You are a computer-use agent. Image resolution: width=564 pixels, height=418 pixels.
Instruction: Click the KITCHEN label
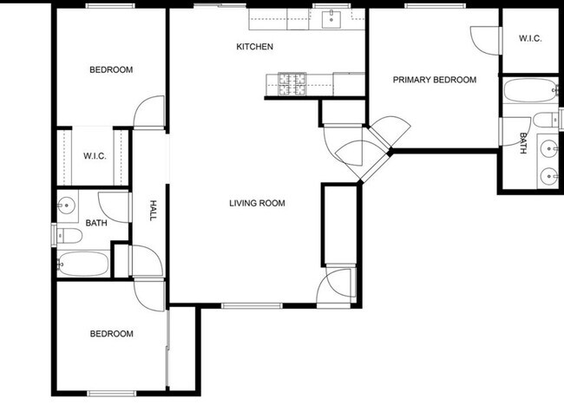(x=255, y=46)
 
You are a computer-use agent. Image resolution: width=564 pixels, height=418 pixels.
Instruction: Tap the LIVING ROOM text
(x=257, y=204)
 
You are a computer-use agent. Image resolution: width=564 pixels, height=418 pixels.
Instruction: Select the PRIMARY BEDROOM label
(x=435, y=80)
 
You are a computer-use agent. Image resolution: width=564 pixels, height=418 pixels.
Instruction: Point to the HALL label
(x=154, y=211)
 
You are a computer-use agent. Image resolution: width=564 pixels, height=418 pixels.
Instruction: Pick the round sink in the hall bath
(x=67, y=206)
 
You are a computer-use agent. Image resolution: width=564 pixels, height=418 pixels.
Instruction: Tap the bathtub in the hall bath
(x=83, y=264)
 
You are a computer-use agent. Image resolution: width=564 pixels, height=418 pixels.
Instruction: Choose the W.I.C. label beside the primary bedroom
(x=530, y=38)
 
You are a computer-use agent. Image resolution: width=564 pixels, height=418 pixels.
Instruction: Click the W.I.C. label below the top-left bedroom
(x=95, y=156)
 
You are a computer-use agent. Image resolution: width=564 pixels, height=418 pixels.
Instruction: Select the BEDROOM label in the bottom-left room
(x=112, y=334)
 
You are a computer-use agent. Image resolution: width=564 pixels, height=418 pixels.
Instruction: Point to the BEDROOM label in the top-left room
(x=111, y=69)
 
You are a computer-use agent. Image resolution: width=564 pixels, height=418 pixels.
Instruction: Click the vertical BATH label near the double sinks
(x=523, y=143)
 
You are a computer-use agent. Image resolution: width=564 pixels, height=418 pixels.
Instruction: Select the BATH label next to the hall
(x=96, y=223)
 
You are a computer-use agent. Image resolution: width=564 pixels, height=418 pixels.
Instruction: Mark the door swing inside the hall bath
(x=113, y=205)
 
